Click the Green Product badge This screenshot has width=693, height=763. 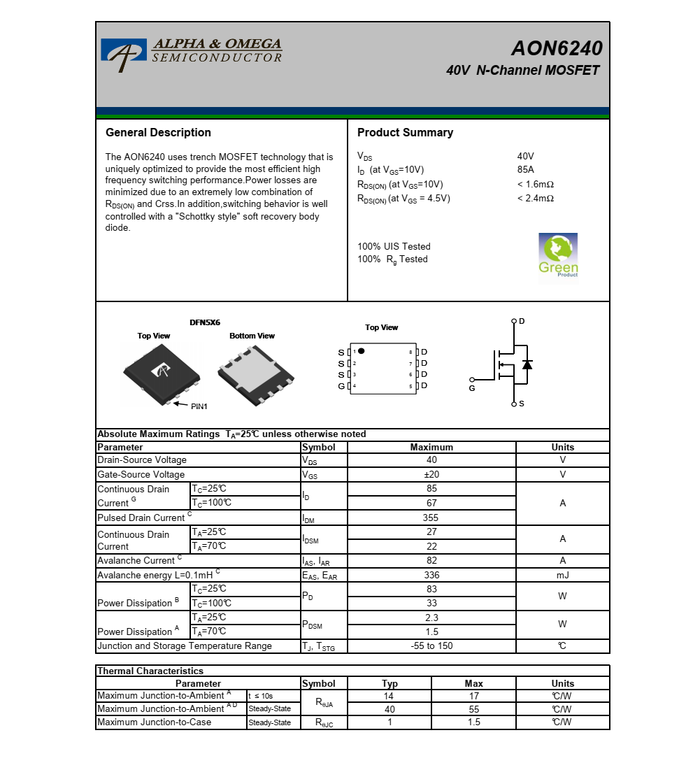[x=558, y=255]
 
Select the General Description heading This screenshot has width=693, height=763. [x=158, y=133]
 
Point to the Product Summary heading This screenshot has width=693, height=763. [x=405, y=133]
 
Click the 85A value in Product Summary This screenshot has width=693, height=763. [x=525, y=170]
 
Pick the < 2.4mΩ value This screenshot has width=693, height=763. [x=535, y=199]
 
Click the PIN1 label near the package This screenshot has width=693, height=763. [x=199, y=406]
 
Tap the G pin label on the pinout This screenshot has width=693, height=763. [x=341, y=386]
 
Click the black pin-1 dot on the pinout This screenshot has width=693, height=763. [x=362, y=350]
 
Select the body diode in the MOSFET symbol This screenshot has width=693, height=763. [x=527, y=364]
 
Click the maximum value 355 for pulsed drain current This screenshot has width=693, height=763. [x=431, y=518]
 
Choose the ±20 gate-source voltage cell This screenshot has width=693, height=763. [x=431, y=475]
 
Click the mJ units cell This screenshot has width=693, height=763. [x=562, y=575]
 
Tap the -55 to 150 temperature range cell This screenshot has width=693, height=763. [x=431, y=646]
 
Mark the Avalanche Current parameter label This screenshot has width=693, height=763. [x=136, y=561]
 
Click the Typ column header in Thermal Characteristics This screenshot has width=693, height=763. [x=390, y=684]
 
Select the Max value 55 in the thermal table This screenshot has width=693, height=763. [x=473, y=709]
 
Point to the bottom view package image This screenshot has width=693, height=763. [x=255, y=375]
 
